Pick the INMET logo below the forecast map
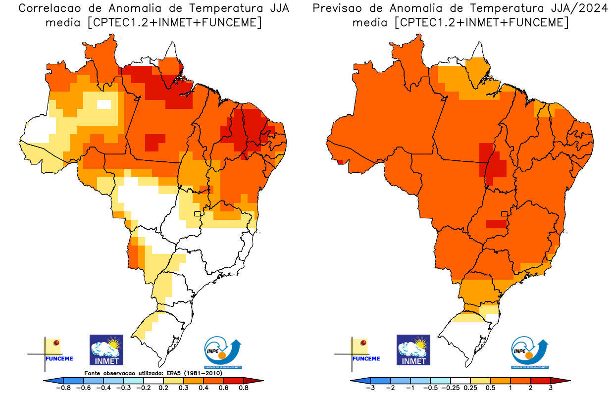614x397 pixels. (413, 349)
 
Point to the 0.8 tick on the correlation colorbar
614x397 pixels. (243, 388)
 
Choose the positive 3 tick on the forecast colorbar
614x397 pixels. (551, 388)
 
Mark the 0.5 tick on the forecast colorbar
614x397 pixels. (490, 388)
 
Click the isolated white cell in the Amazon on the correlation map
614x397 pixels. (104, 104)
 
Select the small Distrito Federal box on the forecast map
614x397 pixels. (505, 214)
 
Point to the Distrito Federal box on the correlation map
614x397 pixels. (198, 214)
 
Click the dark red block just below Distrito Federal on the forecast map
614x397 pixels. (496, 224)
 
